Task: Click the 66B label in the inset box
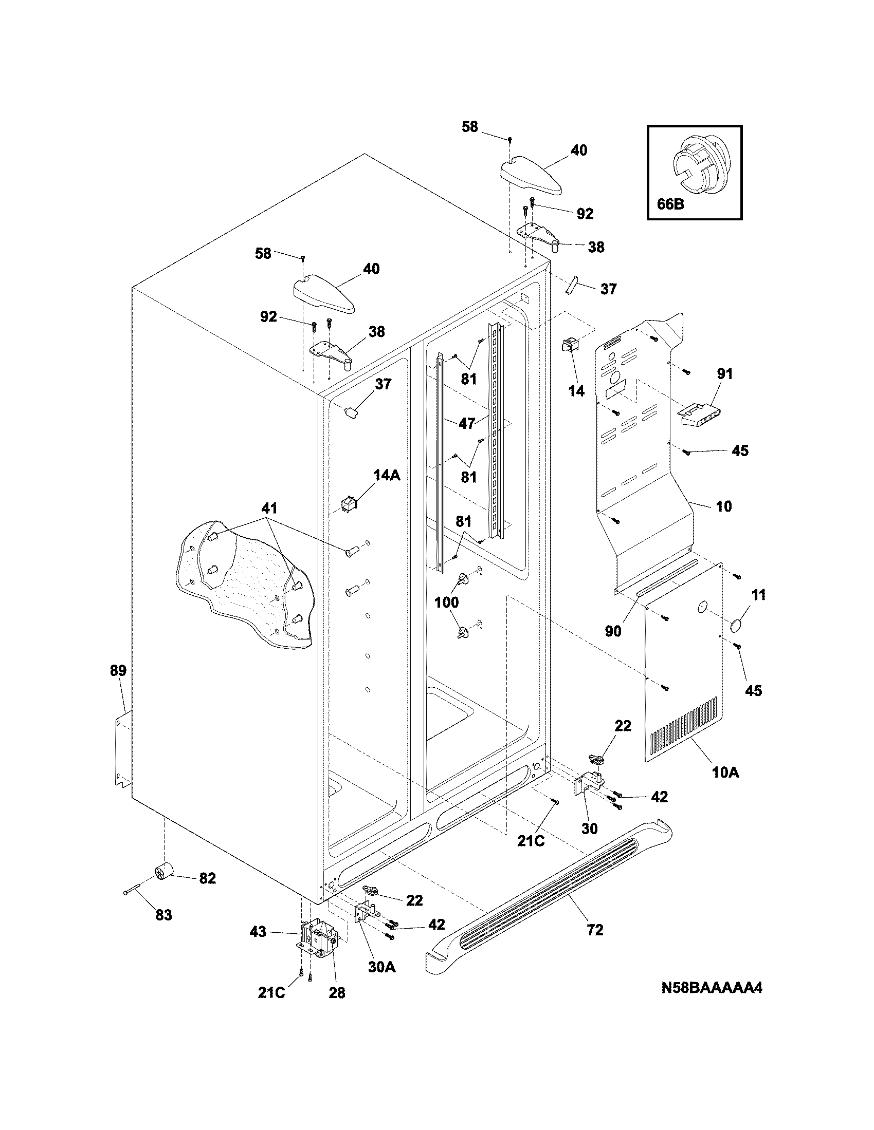[670, 204]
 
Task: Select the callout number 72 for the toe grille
[595, 930]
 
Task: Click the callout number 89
[118, 671]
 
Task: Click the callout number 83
[163, 915]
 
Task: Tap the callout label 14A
[387, 475]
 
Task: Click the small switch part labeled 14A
[347, 503]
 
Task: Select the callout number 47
[466, 423]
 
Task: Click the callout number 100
[446, 602]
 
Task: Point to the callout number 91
[724, 373]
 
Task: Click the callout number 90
[613, 631]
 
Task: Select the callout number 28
[337, 993]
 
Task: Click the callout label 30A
[381, 967]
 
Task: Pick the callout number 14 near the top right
[576, 391]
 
